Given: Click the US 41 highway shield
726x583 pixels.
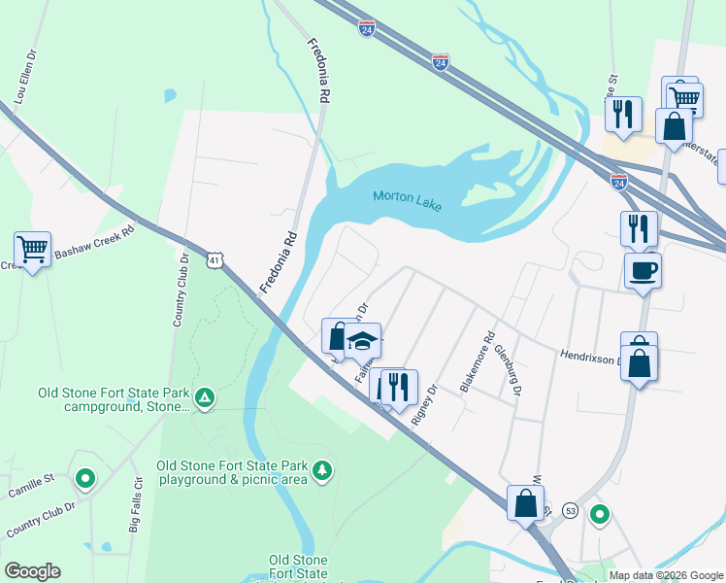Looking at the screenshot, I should coord(215,259).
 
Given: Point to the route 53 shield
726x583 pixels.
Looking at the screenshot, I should coord(570,509).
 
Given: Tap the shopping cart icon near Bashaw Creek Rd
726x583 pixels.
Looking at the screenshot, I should coord(32,249).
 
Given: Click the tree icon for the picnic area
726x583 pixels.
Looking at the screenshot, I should coord(322,471).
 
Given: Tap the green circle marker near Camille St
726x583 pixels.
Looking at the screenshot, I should coord(85,478).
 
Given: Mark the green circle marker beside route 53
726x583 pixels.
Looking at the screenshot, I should coord(601,514).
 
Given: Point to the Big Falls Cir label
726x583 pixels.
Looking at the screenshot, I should coord(136,506).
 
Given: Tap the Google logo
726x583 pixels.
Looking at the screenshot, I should coord(32,571).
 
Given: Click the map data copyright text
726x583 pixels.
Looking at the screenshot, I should coord(666,575).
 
